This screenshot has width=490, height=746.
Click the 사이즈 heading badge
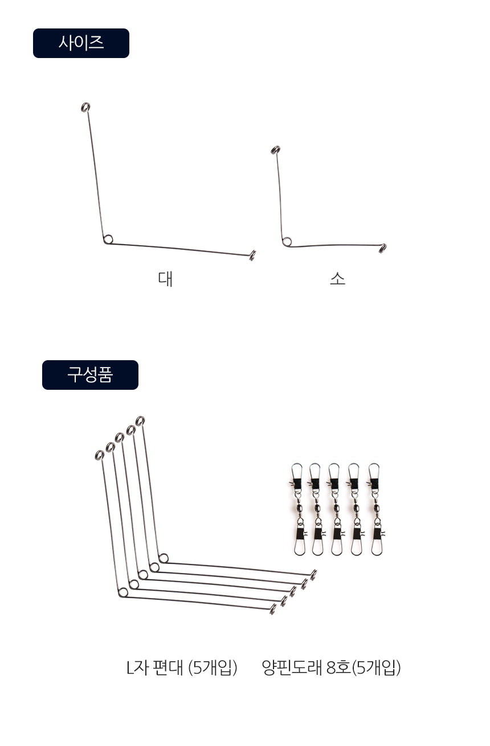click(x=81, y=43)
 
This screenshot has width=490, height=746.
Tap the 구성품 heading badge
click(x=90, y=374)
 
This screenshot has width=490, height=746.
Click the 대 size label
click(x=165, y=279)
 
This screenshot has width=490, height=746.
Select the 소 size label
click(x=337, y=279)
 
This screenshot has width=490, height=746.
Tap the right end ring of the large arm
click(x=252, y=255)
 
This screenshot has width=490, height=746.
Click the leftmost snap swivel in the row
click(x=297, y=509)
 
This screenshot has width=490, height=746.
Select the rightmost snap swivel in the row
click(x=375, y=509)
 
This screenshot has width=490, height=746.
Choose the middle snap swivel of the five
click(x=336, y=509)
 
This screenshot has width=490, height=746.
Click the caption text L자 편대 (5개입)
click(x=182, y=667)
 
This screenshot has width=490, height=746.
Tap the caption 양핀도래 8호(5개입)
click(x=331, y=667)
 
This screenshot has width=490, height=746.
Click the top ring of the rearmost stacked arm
click(x=140, y=421)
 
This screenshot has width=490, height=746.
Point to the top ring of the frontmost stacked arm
click(x=100, y=455)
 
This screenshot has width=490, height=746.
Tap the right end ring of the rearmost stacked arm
click(x=313, y=575)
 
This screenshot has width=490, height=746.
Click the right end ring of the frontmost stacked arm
click(x=273, y=609)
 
